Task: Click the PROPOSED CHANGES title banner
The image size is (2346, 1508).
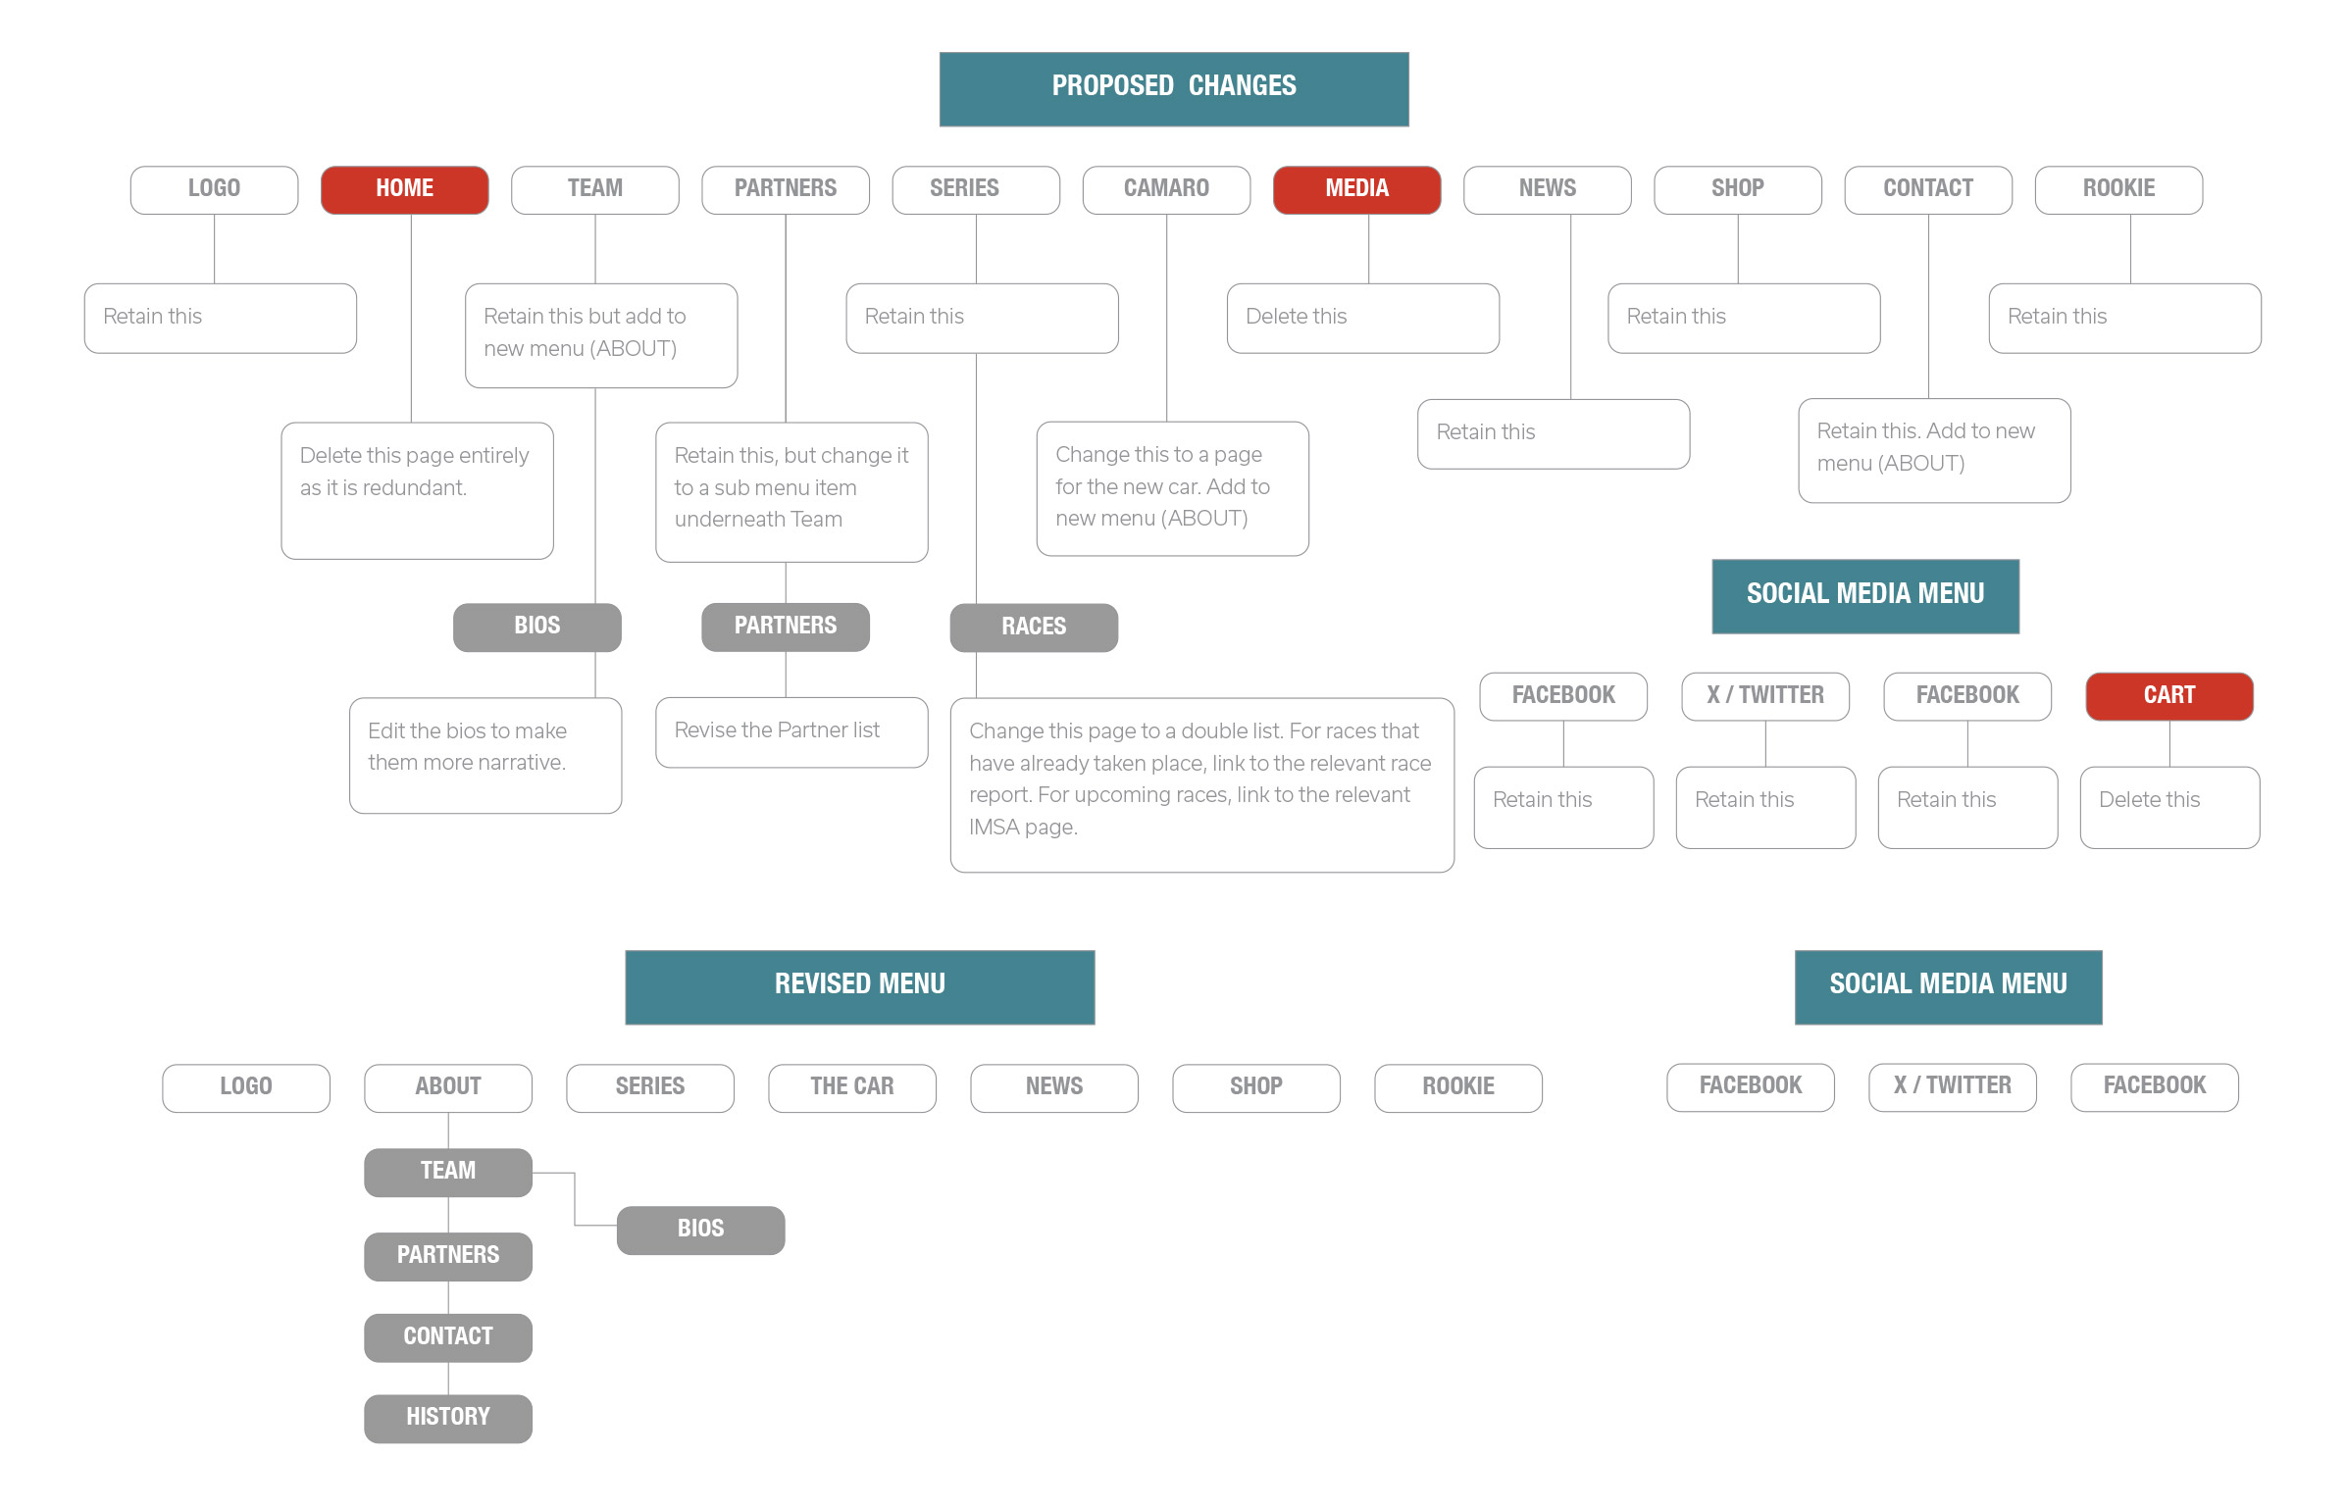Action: click(1173, 88)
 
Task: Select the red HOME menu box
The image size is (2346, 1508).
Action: click(404, 189)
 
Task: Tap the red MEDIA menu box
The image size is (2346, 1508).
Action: click(1356, 189)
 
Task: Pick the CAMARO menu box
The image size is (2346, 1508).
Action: click(1166, 189)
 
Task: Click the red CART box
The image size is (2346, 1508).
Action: click(2168, 696)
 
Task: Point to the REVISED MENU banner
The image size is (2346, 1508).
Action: click(859, 986)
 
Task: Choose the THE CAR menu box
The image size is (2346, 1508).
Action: click(851, 1087)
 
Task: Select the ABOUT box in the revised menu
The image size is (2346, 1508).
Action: click(447, 1087)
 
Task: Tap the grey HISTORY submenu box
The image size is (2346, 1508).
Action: click(447, 1418)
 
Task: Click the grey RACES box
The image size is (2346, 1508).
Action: click(1034, 628)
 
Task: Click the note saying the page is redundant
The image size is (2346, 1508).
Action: click(417, 490)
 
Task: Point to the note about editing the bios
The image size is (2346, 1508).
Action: click(485, 755)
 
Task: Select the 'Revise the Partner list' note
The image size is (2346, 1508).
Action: click(791, 731)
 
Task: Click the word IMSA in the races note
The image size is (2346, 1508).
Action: click(993, 828)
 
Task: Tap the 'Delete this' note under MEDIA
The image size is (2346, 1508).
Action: click(1362, 318)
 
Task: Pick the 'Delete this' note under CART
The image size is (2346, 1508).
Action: click(2169, 807)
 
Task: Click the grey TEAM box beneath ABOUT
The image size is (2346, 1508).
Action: click(447, 1172)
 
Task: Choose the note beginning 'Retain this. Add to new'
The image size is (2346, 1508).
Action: click(1934, 450)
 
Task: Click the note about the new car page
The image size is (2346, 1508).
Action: click(1172, 488)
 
